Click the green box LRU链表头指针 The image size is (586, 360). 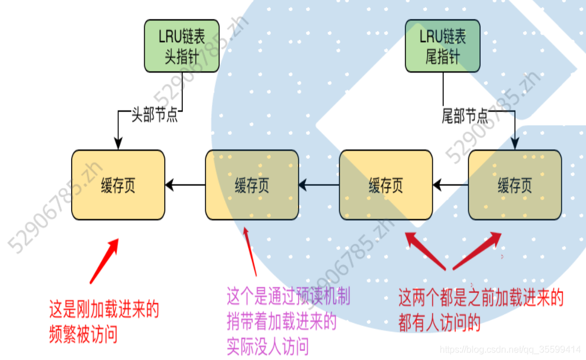click(182, 46)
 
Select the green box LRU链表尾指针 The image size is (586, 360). click(443, 46)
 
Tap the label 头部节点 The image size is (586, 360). click(154, 115)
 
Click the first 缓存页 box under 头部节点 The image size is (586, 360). click(118, 185)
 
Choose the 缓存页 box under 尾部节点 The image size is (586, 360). click(514, 185)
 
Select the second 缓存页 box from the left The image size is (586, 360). click(252, 185)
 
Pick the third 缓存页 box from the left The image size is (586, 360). click(385, 185)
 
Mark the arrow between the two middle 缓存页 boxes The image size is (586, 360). click(319, 185)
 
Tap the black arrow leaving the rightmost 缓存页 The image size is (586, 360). click(451, 185)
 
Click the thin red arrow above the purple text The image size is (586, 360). click(250, 252)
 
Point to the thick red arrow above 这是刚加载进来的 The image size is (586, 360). click(104, 260)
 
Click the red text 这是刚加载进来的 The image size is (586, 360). click(104, 311)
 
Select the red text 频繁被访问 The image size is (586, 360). click(83, 335)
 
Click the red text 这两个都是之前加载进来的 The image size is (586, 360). click(481, 299)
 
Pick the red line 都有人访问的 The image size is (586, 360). click(439, 323)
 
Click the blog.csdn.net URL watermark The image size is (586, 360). click(510, 350)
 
